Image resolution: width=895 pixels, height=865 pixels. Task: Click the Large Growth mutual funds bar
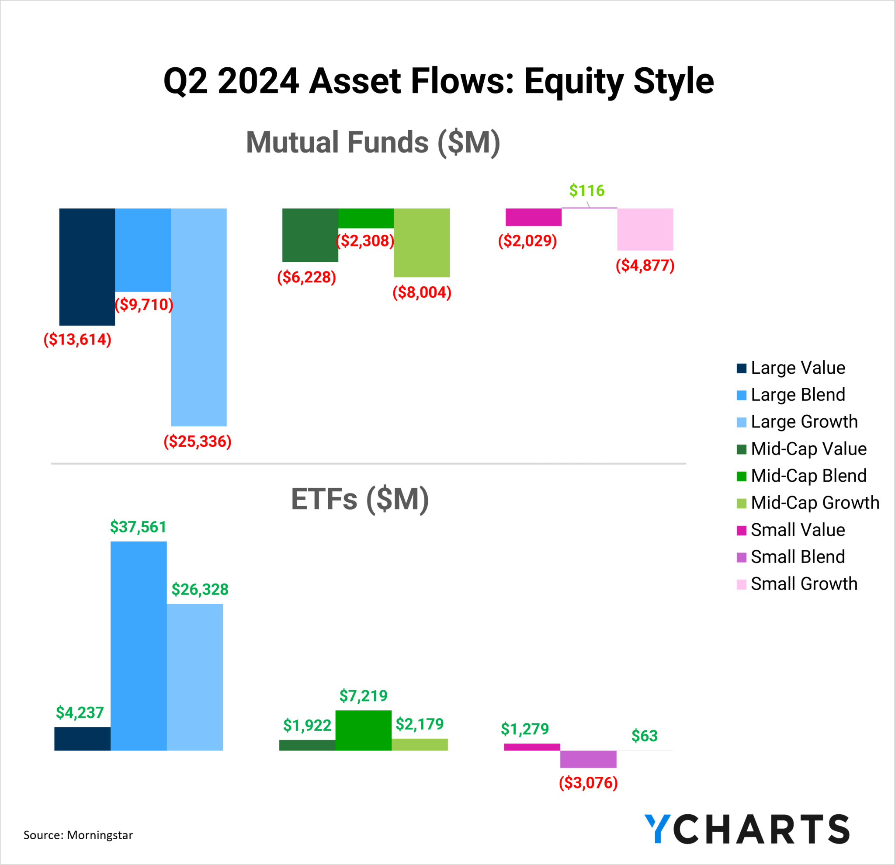pos(199,317)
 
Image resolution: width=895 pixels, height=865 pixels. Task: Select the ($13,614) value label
pos(78,339)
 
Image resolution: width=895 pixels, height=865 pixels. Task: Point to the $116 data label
pos(587,190)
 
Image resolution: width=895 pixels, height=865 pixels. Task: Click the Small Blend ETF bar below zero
pos(588,759)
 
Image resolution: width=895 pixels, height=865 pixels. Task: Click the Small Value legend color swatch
pos(742,530)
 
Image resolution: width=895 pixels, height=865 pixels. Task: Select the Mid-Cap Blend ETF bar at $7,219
pos(364,730)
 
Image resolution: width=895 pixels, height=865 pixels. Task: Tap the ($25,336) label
pos(198,441)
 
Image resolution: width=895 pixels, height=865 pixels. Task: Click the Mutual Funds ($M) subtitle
pos(373,142)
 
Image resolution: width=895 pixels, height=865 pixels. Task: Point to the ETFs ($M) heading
pos(360,499)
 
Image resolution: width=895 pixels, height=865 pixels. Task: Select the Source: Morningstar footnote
pos(78,835)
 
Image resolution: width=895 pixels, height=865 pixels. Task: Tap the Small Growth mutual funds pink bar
pos(645,229)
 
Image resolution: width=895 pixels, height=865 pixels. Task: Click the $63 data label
pos(644,736)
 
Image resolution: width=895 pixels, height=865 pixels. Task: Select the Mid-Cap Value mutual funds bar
pos(310,235)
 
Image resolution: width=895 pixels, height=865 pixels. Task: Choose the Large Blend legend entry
pos(797,395)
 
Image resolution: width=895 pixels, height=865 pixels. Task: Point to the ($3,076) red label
pos(588,783)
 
